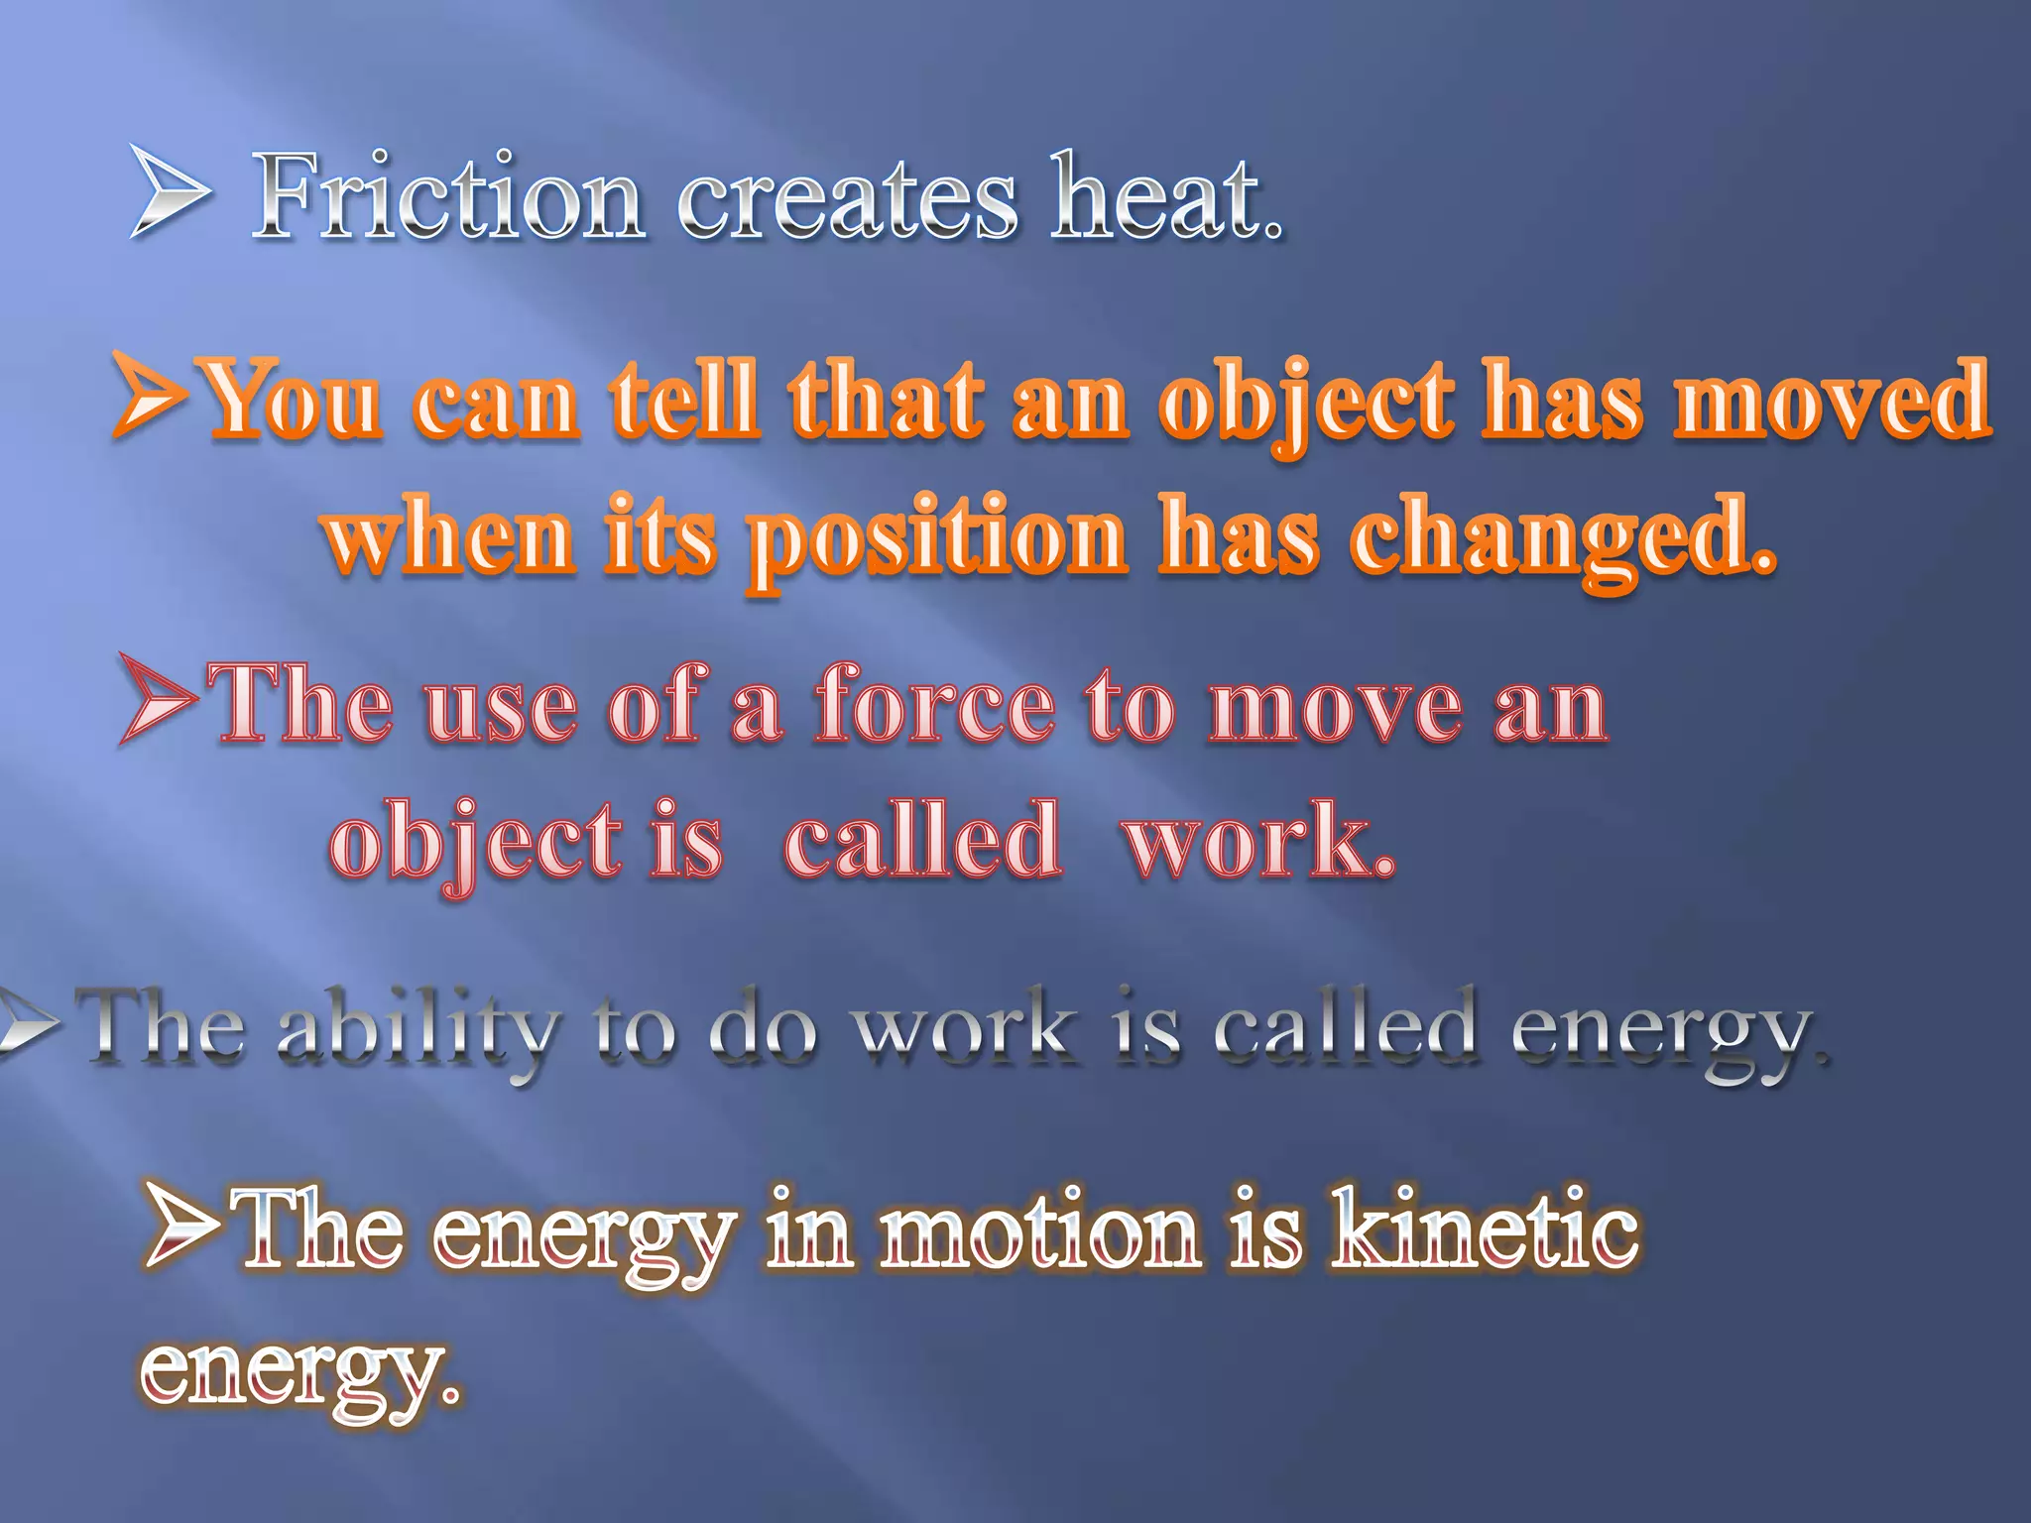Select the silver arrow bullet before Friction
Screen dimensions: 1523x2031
click(x=169, y=191)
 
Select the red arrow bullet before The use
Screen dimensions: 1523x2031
click(x=159, y=699)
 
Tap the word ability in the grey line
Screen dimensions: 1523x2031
click(x=418, y=1031)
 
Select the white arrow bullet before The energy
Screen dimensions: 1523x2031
click(x=182, y=1226)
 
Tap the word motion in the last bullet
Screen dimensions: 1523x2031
click(x=1040, y=1230)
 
